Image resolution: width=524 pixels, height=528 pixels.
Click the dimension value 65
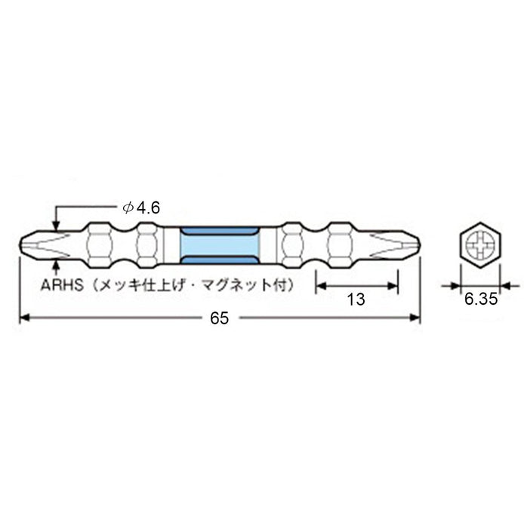(x=219, y=318)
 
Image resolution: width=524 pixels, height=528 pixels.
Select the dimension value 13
(x=356, y=299)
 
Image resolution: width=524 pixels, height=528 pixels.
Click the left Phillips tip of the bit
(x=38, y=245)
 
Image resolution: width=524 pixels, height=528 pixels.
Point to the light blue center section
(x=220, y=245)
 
